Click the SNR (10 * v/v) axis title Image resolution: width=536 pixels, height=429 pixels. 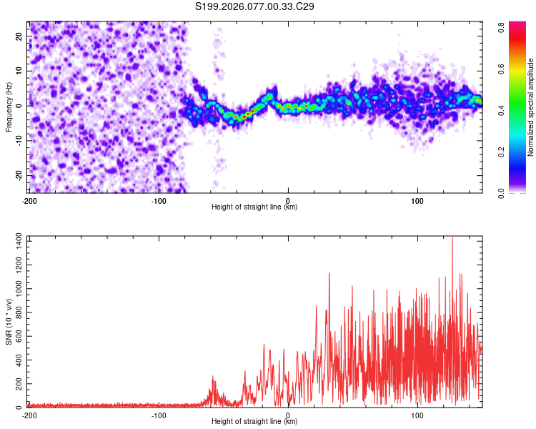[x=9, y=322]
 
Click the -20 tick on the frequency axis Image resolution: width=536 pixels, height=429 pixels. [x=19, y=175]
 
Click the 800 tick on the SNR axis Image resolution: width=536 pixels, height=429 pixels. [x=18, y=314]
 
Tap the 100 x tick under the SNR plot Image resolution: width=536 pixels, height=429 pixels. [x=417, y=415]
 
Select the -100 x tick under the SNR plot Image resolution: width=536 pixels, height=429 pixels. [x=159, y=415]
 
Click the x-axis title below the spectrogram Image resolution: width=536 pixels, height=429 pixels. [x=255, y=207]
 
